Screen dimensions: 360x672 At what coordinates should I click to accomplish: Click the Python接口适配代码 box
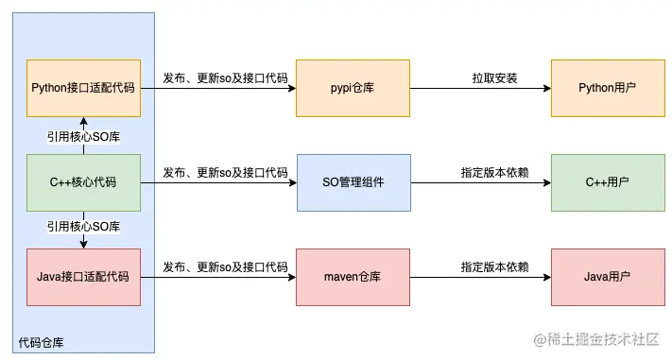[x=83, y=88]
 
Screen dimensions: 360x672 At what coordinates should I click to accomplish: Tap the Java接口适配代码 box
[x=83, y=277]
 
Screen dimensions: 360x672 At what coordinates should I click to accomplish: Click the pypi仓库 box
[x=353, y=88]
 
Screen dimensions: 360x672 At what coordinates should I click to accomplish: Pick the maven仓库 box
[x=353, y=277]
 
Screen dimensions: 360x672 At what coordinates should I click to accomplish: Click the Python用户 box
[x=607, y=88]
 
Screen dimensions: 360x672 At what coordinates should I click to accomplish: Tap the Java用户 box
[x=607, y=277]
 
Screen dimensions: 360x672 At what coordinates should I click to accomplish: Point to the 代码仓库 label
[x=43, y=340]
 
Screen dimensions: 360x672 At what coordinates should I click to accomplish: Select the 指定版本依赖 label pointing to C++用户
[x=495, y=173]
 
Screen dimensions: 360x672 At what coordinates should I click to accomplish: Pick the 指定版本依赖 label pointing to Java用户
[x=495, y=267]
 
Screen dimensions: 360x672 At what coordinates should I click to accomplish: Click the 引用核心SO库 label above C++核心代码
[x=83, y=135]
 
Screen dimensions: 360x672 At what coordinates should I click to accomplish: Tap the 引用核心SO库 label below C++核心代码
[x=83, y=228]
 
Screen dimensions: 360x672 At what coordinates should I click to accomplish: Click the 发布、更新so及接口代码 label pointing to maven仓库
[x=225, y=267]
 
